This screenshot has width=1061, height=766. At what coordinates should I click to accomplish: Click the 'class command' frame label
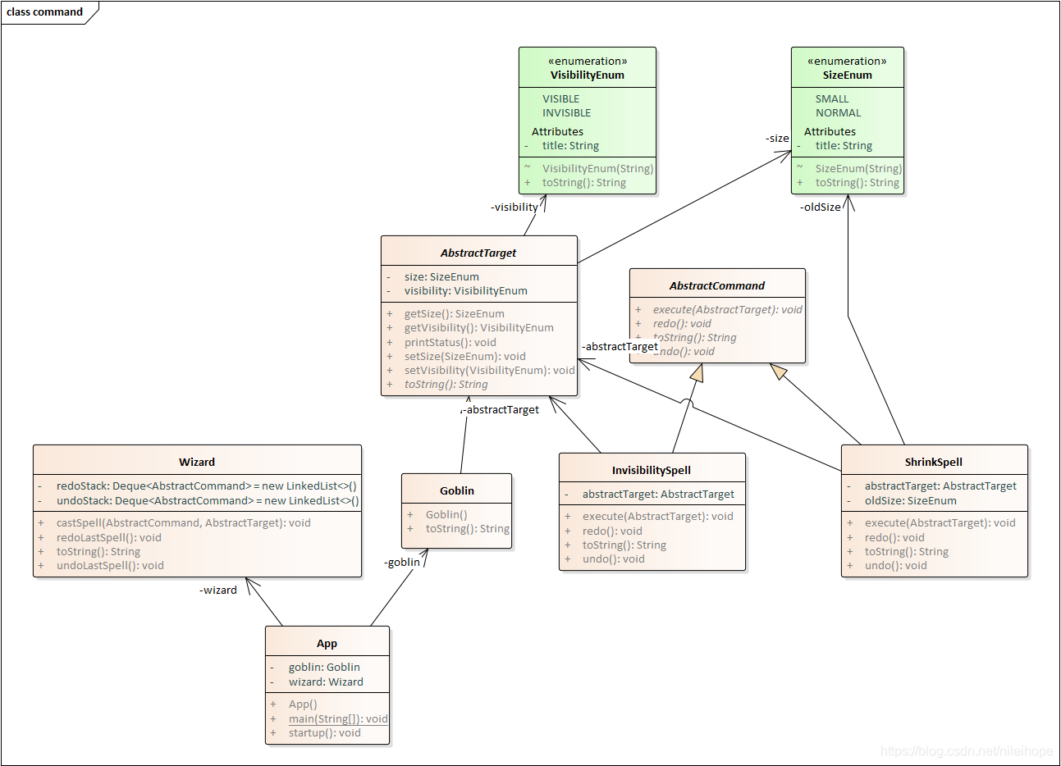pyautogui.click(x=45, y=12)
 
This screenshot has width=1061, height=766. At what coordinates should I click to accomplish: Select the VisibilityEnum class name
pyautogui.click(x=587, y=75)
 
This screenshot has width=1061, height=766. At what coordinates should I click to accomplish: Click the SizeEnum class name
pyautogui.click(x=847, y=75)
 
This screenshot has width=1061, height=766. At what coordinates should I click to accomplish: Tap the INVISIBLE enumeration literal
pyautogui.click(x=566, y=113)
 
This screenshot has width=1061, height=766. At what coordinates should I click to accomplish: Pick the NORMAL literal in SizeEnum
pyautogui.click(x=838, y=113)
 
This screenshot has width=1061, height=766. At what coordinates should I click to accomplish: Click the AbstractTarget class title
pyautogui.click(x=478, y=253)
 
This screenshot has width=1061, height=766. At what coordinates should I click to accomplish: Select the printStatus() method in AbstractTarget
pyautogui.click(x=450, y=342)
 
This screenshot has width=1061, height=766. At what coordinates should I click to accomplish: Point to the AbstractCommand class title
pyautogui.click(x=716, y=285)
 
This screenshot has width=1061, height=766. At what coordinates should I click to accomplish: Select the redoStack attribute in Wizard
pyautogui.click(x=206, y=486)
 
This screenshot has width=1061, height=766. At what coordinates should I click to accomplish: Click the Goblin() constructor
pyautogui.click(x=446, y=515)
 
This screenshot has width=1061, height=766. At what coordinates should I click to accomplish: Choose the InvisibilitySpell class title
pyautogui.click(x=652, y=470)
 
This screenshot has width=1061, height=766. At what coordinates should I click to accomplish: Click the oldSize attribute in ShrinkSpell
pyautogui.click(x=910, y=501)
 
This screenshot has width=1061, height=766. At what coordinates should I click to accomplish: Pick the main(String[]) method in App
pyautogui.click(x=337, y=719)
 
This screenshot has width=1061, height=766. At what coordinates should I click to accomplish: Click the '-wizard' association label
pyautogui.click(x=218, y=590)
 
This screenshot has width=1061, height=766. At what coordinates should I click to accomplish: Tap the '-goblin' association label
pyautogui.click(x=402, y=562)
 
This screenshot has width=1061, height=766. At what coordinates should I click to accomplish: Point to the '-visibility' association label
pyautogui.click(x=514, y=207)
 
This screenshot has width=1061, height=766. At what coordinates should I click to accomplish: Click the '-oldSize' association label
pyautogui.click(x=821, y=207)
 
